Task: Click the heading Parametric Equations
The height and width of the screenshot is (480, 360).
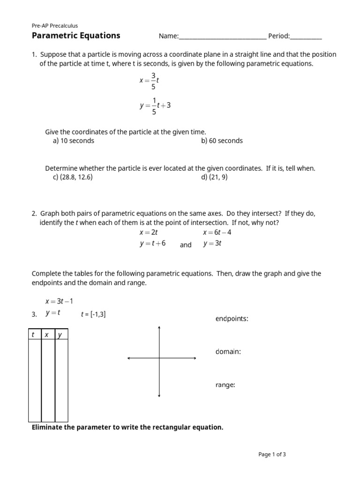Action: click(x=76, y=36)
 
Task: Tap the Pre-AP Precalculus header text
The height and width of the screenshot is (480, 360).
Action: click(x=55, y=26)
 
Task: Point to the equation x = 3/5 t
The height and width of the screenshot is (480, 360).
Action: click(x=150, y=81)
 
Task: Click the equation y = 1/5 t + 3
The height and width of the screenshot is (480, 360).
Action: click(x=155, y=106)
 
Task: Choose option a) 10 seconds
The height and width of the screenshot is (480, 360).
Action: click(x=74, y=141)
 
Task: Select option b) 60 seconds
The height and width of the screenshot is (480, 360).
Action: click(x=222, y=141)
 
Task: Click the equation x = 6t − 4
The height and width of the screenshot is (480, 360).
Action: click(x=217, y=232)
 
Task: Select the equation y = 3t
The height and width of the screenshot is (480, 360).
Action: click(x=212, y=243)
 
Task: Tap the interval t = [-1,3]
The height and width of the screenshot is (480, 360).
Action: click(x=93, y=314)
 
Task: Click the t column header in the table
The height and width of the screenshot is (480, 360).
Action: click(x=33, y=335)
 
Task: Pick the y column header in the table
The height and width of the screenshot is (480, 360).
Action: click(x=60, y=335)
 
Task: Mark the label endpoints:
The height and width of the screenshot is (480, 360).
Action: click(x=232, y=319)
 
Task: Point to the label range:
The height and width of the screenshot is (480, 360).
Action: click(x=225, y=385)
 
